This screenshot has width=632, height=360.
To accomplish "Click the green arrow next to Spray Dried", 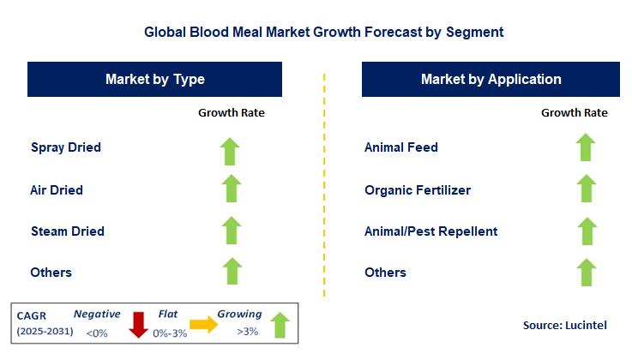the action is point(230,152).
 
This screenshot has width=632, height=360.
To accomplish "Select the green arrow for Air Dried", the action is point(232,188).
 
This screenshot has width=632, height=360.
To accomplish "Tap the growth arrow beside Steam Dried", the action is point(232,231).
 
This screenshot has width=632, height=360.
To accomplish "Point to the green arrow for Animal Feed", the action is point(586,147).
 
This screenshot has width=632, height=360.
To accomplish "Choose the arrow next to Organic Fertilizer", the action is point(587,188).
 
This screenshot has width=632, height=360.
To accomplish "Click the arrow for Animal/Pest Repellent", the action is point(587,231).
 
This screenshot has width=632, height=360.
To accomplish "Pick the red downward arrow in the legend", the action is point(138,325).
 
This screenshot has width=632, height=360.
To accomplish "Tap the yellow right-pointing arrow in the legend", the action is point(203,324).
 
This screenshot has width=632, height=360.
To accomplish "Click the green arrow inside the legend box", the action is point(280,325).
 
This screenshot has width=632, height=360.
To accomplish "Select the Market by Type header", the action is point(154,80).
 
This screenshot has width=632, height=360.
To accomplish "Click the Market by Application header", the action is point(491,80).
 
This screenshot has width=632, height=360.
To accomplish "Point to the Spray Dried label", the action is point(66,147).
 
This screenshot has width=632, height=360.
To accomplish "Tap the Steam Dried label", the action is point(68,231).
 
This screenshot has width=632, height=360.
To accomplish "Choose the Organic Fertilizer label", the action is point(418,190).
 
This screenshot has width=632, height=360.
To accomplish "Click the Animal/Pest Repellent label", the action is point(430,231).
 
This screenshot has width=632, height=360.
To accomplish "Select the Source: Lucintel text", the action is point(565,325).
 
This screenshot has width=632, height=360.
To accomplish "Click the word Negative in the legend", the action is point(97,314).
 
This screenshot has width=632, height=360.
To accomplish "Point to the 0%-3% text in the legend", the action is point(170,333).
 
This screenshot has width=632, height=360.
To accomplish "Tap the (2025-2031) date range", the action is point(45,332).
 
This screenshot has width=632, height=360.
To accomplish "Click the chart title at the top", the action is point(323,33).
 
